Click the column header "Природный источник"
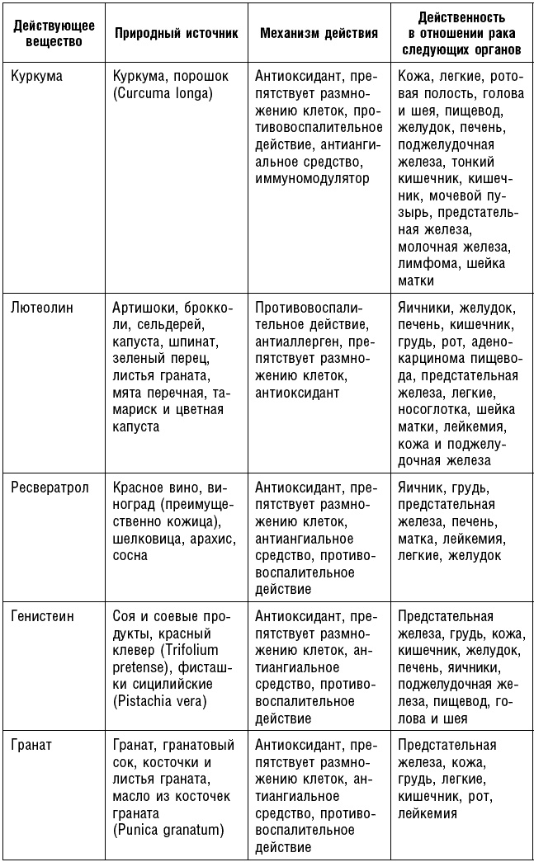[x=176, y=34]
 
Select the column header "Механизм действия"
[x=319, y=34]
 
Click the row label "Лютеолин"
[x=42, y=308]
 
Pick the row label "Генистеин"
[x=46, y=616]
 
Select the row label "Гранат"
[x=31, y=745]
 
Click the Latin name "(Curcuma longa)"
[x=162, y=93]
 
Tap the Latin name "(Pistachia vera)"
[x=159, y=701]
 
